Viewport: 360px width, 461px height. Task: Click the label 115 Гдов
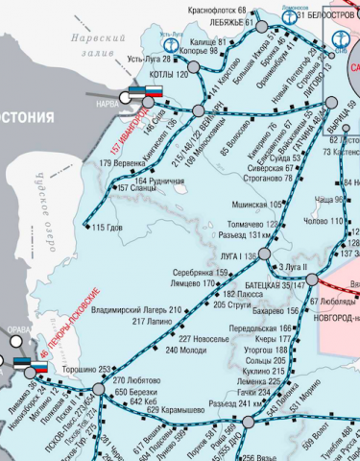[108, 228]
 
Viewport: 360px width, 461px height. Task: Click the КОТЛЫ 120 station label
[169, 75]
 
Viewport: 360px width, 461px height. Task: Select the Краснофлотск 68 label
[217, 8]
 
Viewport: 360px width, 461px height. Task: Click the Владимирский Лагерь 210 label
[135, 311]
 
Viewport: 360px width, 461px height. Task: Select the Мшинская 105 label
[257, 205]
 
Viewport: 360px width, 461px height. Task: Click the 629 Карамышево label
[173, 409]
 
